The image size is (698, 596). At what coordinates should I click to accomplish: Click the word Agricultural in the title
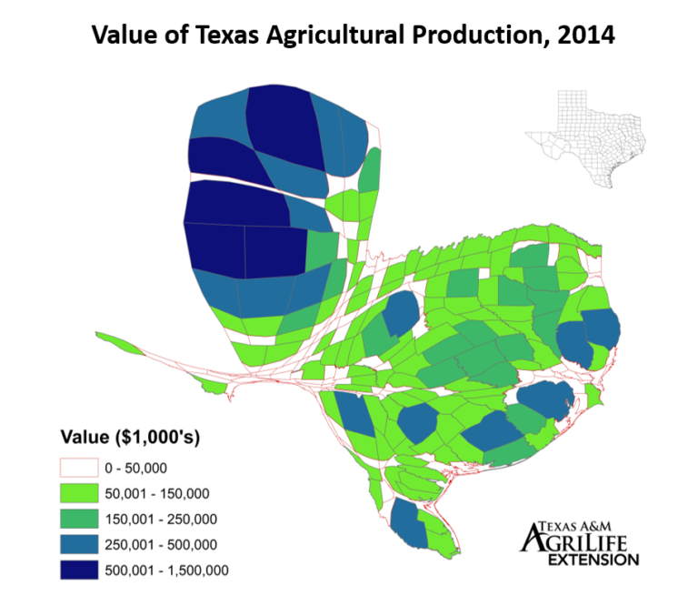point(318,36)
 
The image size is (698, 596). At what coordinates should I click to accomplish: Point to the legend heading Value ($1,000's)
point(130,437)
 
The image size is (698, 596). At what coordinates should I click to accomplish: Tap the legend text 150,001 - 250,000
point(160,520)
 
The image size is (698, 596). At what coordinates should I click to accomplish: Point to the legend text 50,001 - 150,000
point(156,494)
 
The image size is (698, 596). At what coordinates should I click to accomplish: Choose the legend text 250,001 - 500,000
point(160,545)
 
